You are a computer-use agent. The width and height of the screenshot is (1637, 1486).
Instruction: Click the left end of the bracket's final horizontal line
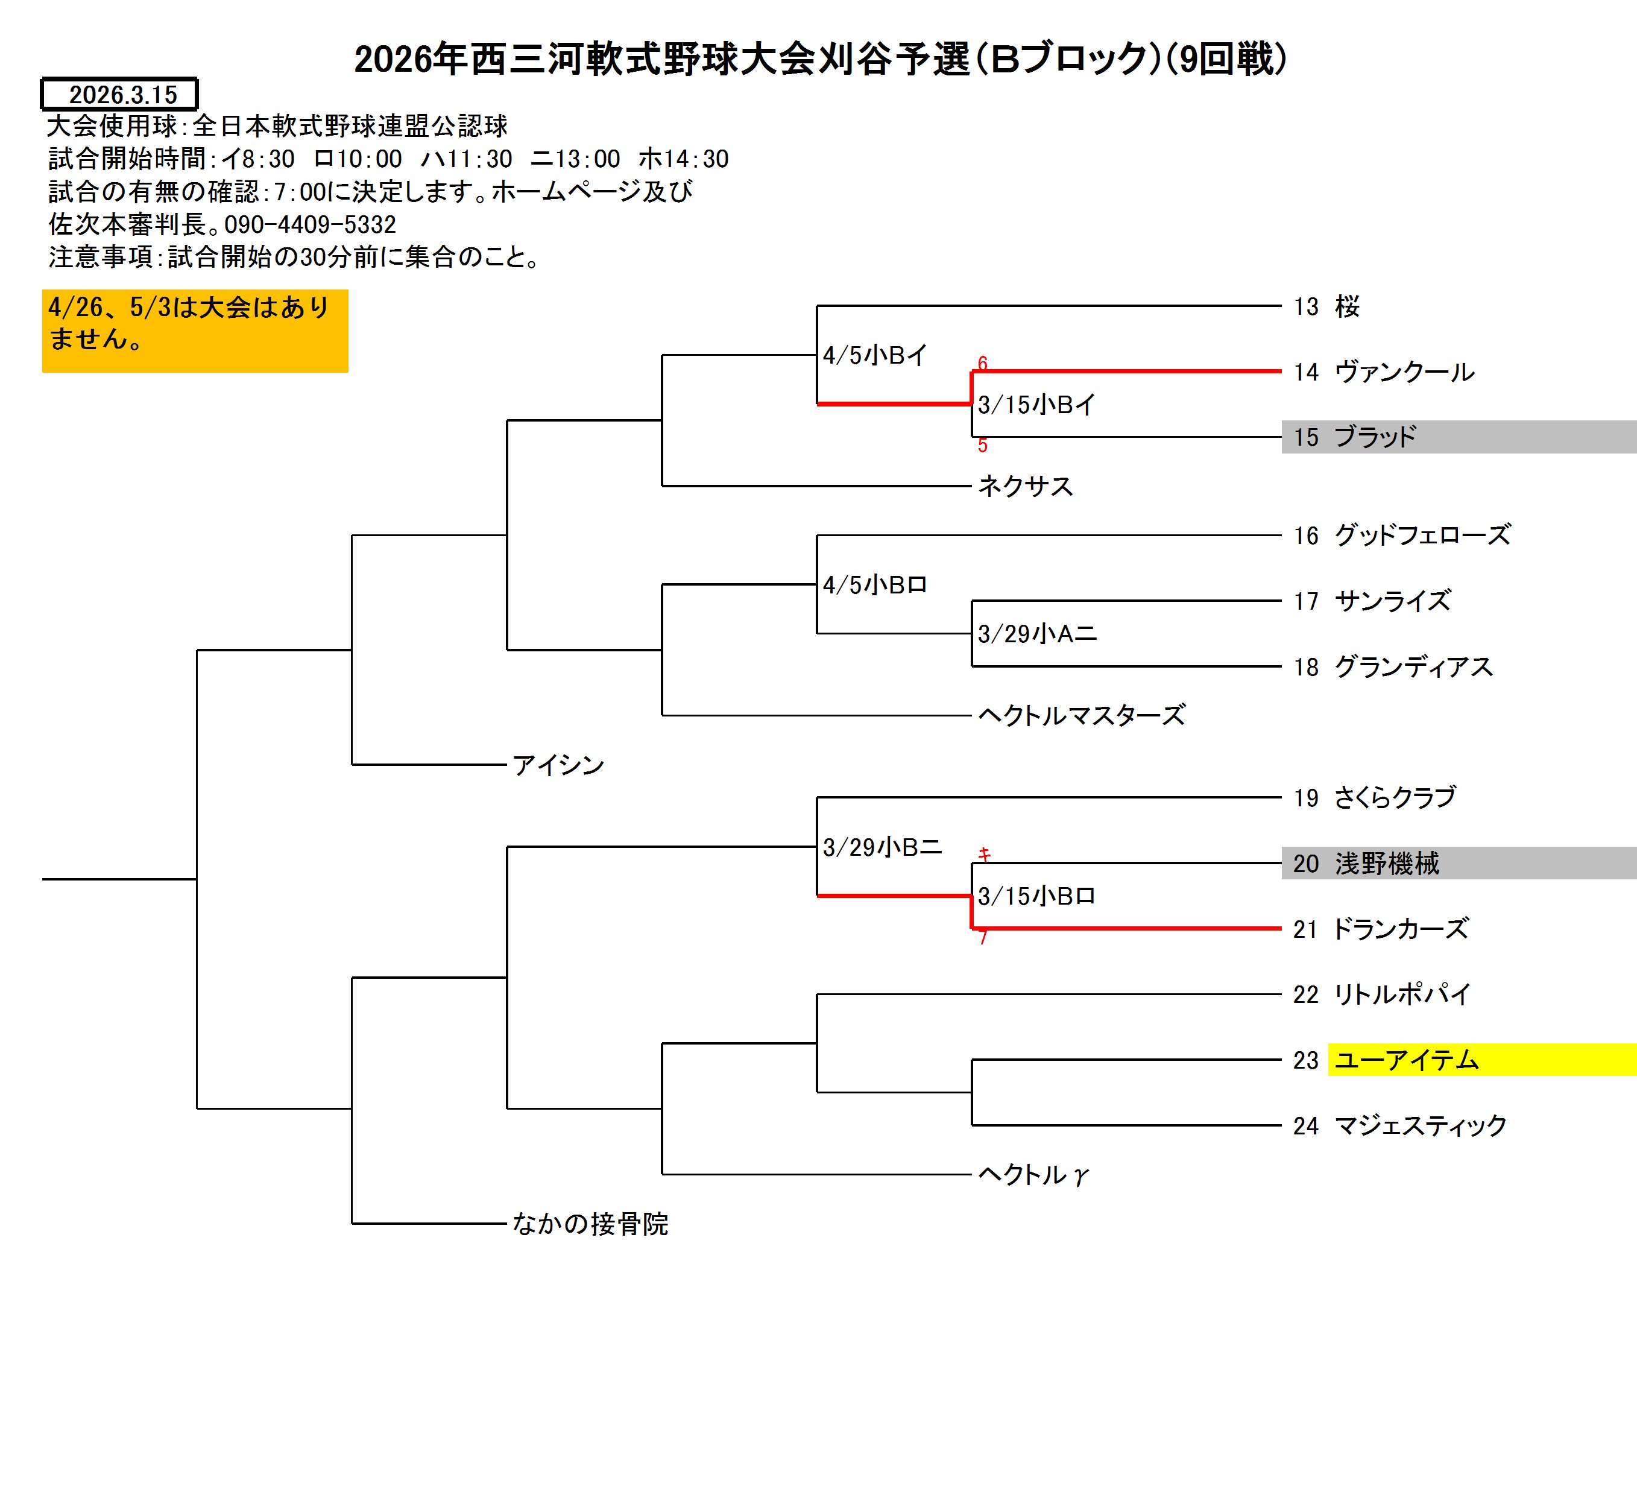pos(42,879)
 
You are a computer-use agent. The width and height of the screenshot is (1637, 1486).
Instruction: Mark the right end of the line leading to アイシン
pos(506,764)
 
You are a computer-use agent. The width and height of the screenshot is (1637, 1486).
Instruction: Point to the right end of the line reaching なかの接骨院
pos(506,1223)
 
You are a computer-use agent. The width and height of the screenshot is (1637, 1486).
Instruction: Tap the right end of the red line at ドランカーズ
pos(1281,928)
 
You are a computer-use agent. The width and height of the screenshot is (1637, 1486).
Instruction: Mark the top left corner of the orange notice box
pos(42,290)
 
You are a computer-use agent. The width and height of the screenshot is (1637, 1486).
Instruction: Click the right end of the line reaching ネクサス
pos(971,485)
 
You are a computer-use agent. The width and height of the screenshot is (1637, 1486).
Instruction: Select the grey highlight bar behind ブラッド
pos(1459,437)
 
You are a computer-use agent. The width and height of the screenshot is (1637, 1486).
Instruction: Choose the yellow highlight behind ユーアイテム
pos(1482,1060)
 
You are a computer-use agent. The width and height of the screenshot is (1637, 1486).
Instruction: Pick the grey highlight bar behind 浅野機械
pos(1459,863)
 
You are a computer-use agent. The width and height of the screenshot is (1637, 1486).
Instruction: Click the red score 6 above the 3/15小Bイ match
pos(983,363)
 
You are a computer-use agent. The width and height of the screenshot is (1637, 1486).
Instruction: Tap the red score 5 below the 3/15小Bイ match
pos(983,445)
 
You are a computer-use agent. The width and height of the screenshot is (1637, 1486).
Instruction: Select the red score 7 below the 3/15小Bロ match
pos(983,938)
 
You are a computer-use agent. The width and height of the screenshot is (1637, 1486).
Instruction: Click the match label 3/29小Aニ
pos(1037,633)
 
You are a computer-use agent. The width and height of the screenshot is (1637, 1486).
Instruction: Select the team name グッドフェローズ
pos(1422,535)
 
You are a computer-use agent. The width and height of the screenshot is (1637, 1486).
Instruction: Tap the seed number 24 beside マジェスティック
pos(1306,1125)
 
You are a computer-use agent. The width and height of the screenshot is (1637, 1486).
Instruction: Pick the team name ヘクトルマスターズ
pos(1082,715)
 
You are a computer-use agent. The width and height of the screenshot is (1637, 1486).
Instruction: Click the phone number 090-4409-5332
pos(310,224)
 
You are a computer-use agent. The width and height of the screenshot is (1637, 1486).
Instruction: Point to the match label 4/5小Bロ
pos(874,584)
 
